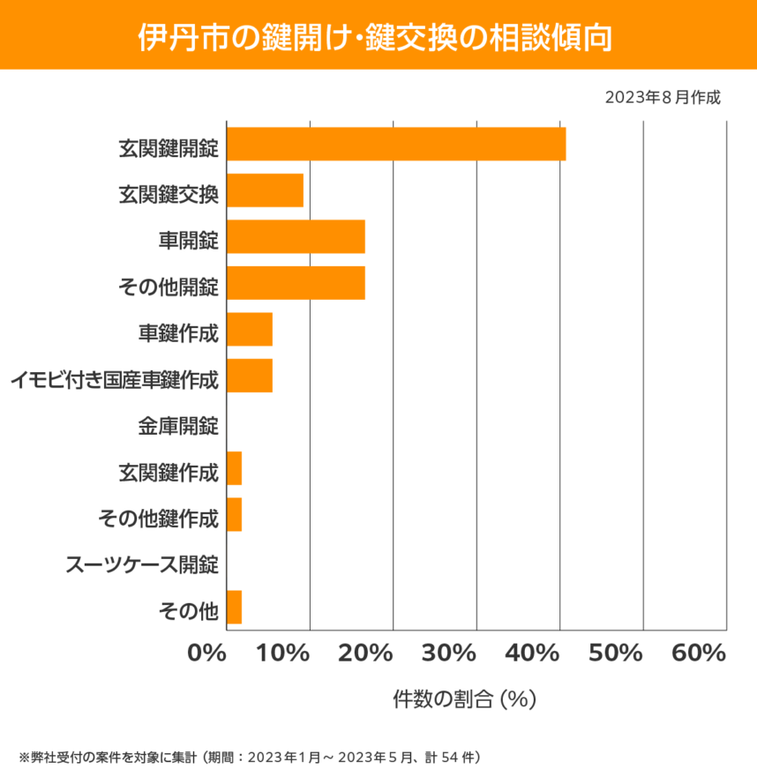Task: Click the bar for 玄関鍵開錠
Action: [396, 144]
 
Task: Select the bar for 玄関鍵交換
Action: [265, 190]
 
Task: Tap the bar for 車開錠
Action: [296, 237]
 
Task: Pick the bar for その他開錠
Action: [296, 283]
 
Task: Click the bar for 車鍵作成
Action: [250, 330]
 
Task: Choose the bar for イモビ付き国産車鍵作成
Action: [250, 376]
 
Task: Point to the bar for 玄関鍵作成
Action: [234, 468]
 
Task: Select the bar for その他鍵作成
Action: [234, 514]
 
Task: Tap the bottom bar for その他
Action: [234, 608]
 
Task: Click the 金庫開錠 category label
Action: [177, 427]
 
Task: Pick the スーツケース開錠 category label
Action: [142, 565]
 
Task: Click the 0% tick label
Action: [208, 653]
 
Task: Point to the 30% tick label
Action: [451, 653]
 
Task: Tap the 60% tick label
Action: [699, 653]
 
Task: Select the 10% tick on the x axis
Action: [285, 653]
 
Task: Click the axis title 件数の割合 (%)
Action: [464, 699]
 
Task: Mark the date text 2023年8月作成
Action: [663, 97]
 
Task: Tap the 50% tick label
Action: [617, 653]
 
